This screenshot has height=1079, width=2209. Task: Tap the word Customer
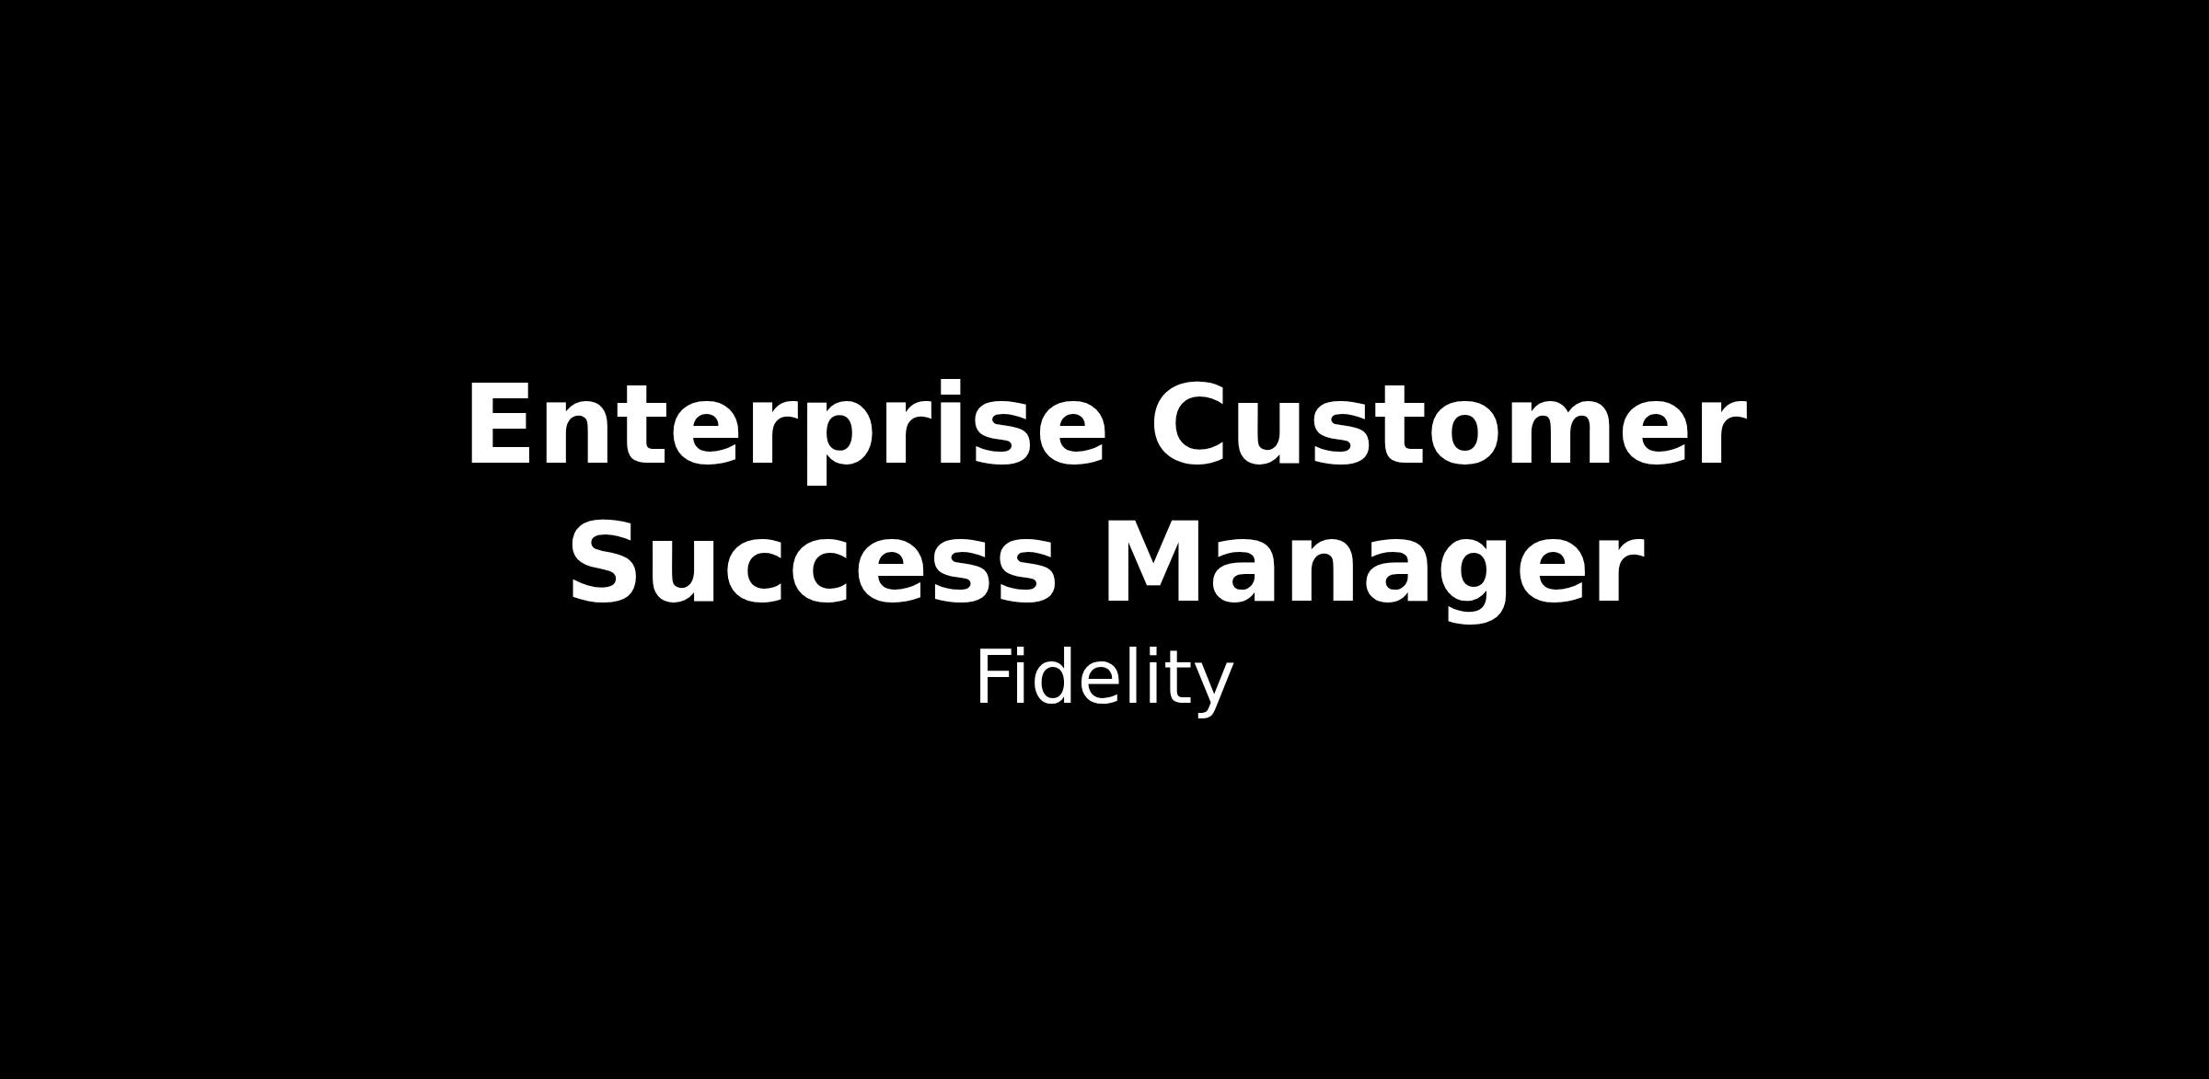click(x=1448, y=425)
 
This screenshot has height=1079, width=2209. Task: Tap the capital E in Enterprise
click(x=502, y=424)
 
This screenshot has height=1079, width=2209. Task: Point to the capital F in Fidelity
click(x=996, y=677)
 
